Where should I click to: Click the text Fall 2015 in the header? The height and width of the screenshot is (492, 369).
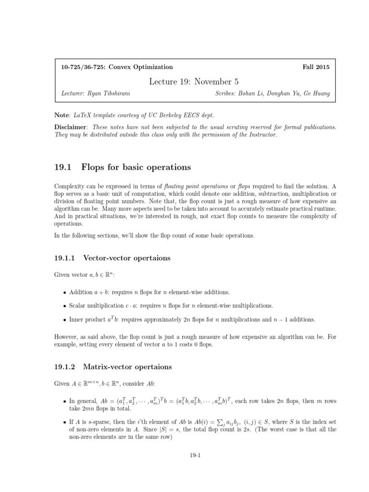317,67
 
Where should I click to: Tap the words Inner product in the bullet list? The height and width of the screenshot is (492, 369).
87,320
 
